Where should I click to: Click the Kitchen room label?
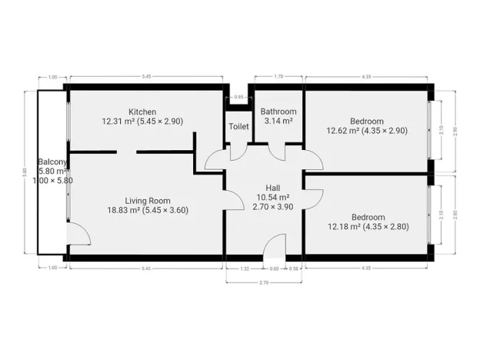pyautogui.click(x=142, y=112)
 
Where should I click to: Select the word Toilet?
pyautogui.click(x=238, y=127)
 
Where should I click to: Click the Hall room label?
pyautogui.click(x=273, y=188)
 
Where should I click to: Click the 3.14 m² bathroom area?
pyautogui.click(x=278, y=121)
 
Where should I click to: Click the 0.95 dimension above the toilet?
pyautogui.click(x=238, y=98)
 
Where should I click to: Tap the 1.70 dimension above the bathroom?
pyautogui.click(x=278, y=76)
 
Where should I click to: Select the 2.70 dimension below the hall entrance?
pyautogui.click(x=263, y=283)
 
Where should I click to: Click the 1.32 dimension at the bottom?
pyautogui.click(x=245, y=268)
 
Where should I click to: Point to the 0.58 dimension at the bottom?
pyautogui.click(x=294, y=268)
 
